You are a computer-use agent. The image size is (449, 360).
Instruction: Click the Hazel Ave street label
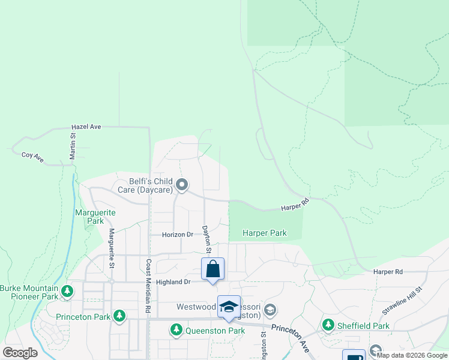[86, 127]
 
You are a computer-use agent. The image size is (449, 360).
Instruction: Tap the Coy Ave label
[33, 155]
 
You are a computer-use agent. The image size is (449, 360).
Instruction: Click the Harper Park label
[264, 233]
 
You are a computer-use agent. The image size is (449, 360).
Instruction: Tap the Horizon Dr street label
[178, 235]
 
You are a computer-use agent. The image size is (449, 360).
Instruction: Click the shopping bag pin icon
[212, 269]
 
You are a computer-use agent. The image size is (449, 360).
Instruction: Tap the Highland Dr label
[173, 281]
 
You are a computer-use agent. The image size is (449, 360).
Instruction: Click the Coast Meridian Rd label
[148, 285]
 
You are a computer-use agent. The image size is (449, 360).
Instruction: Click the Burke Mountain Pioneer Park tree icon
[68, 292]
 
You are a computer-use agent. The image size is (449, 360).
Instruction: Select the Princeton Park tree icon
[119, 315]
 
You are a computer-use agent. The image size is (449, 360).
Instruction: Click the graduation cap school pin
[229, 307]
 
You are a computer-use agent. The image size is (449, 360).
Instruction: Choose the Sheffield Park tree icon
[328, 325]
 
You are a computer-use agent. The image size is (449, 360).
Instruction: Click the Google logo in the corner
[20, 353]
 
